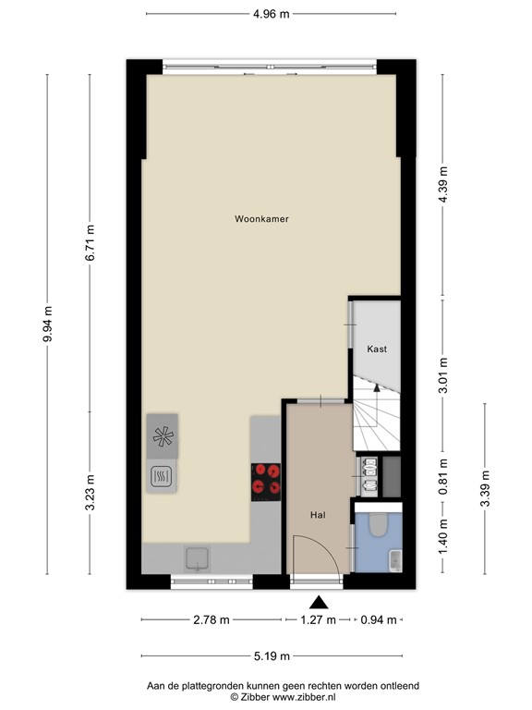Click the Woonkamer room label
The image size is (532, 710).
261,219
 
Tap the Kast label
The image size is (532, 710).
376,349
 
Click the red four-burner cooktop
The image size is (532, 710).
266,481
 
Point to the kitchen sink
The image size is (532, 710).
197,557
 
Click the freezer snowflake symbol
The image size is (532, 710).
162,437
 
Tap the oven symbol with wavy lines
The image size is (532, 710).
162,477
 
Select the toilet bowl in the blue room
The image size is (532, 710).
376,526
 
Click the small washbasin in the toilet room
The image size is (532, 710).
394,560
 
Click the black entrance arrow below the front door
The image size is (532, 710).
318,602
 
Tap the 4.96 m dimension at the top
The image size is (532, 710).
272,14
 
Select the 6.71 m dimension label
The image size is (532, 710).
90,242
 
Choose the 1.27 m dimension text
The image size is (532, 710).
318,620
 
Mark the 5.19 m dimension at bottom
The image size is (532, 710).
272,656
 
